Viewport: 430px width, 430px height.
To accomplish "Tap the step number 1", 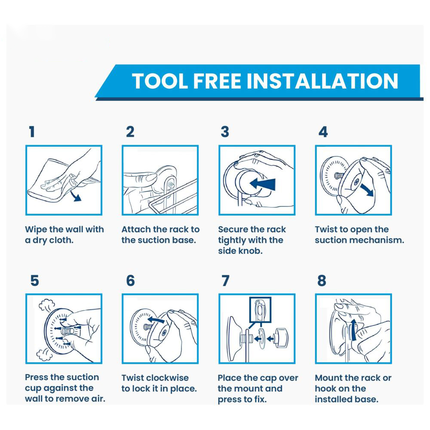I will point(31,132).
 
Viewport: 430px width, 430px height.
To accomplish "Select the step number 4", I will point(323,132).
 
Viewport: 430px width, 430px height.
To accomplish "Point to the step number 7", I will point(225,281).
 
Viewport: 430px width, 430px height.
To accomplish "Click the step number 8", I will point(322,281).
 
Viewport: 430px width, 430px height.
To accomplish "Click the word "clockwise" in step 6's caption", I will point(167,378).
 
